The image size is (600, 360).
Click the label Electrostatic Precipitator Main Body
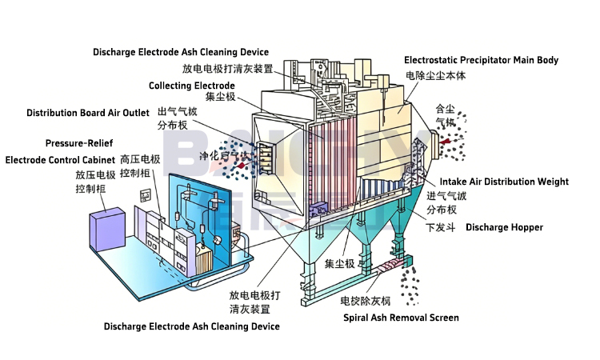(x=481, y=60)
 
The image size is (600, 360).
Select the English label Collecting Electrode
(x=191, y=86)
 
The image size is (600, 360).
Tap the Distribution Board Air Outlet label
(x=88, y=113)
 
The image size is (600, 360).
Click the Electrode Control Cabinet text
(x=60, y=160)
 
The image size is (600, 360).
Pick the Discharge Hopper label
(x=504, y=227)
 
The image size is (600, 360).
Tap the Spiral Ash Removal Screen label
(x=401, y=318)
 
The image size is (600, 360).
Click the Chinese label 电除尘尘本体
(x=435, y=75)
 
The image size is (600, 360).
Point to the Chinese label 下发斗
(x=440, y=227)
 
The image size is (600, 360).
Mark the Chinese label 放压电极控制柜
(x=96, y=182)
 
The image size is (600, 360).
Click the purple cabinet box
(x=106, y=229)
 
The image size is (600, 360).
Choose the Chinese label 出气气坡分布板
(x=178, y=118)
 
